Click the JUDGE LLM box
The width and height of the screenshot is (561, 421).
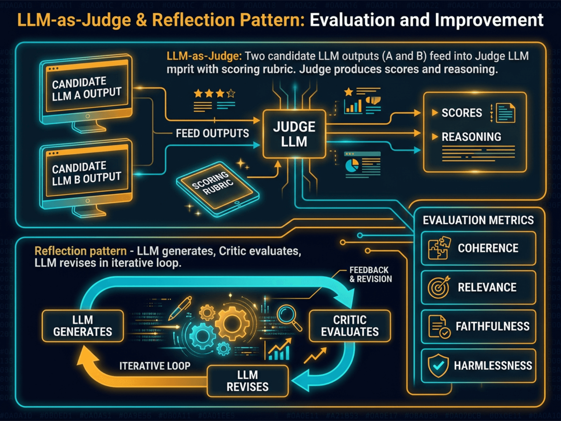coord(294,134)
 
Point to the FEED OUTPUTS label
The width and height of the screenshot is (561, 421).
coord(212,133)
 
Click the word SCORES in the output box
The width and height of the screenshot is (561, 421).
coord(461,113)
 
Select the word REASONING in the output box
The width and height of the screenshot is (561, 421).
coord(471,137)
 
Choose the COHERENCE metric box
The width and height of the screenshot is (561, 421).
coord(478,248)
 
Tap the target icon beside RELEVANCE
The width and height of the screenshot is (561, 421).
coord(438,287)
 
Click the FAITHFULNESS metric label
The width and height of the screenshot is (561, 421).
coord(492,327)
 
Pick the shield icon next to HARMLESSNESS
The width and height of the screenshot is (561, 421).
coord(438,366)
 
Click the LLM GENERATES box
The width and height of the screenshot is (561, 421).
coord(83,326)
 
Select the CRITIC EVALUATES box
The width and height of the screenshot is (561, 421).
coord(350,326)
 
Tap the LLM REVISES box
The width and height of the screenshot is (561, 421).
coord(248,381)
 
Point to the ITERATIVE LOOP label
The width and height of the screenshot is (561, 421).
coord(155,366)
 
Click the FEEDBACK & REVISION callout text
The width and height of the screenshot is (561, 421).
coord(370,275)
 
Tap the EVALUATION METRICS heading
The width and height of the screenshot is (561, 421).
coord(478,220)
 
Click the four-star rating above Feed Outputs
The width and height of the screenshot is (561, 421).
coord(214,93)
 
